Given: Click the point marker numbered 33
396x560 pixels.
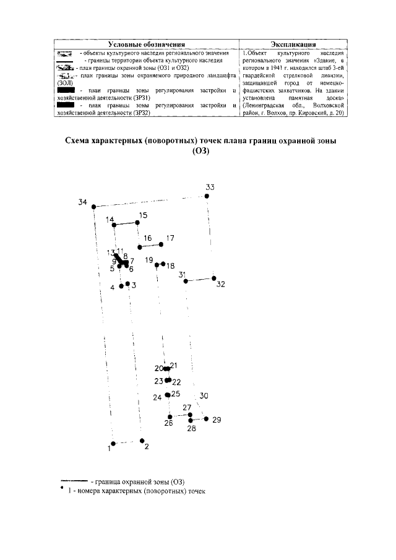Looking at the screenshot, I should [207, 196].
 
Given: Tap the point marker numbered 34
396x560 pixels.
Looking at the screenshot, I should [93, 207].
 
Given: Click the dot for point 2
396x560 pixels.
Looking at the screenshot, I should [142, 440].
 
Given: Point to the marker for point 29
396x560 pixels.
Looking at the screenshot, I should [207, 419].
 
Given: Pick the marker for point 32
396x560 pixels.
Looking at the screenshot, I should [214, 278].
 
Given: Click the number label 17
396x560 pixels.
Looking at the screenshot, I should [170, 238].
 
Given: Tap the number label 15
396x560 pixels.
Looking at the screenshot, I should [143, 215].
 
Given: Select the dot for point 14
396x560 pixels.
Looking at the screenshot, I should [116, 226].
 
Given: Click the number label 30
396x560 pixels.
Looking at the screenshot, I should [204, 396].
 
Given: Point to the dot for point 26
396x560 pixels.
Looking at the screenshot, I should [170, 416].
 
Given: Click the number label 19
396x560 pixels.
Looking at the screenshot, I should [149, 260].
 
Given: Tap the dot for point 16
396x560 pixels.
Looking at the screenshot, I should [140, 247].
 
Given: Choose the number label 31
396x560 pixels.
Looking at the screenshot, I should [182, 274].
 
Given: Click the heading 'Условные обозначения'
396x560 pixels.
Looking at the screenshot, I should [147, 45].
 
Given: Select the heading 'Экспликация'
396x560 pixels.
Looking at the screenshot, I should [293, 45].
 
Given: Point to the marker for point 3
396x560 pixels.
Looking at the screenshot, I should [127, 284].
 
